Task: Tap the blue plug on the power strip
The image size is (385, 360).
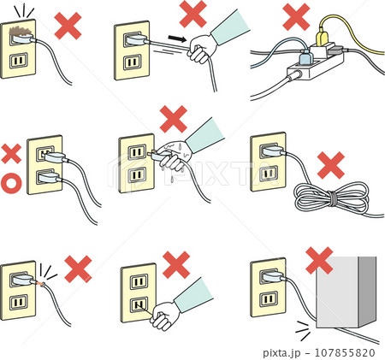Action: pos(305,58)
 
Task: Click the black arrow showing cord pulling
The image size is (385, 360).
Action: pos(177,38)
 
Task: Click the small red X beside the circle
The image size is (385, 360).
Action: pos(11,154)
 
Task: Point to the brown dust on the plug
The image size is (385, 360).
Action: pos(20,31)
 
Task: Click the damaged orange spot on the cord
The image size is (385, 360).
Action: pos(41,284)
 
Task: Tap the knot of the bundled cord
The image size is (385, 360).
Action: pos(333,198)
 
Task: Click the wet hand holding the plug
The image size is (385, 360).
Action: pos(174,156)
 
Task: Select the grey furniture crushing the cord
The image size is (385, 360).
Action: pos(346,292)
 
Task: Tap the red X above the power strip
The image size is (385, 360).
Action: pos(296,17)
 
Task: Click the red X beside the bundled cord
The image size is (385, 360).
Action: pos(331,165)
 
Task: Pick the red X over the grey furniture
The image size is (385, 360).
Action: pos(319,261)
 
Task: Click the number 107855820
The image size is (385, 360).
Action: pos(345,353)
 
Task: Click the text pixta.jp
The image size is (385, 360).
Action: pos(281,353)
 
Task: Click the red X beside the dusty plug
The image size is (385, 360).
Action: pos(68,26)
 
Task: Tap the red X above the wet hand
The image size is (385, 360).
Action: pos(174,119)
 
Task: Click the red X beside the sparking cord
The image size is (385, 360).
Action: pos(78,269)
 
